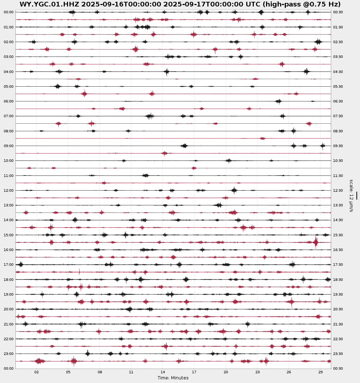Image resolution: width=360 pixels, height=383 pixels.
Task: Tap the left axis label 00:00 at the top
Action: [x=9, y=12]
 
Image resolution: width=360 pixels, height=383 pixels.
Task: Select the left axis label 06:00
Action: [x=9, y=101]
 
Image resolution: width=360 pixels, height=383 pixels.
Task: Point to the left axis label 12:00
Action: [x=9, y=191]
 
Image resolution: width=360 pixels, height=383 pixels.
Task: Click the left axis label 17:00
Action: [x=9, y=265]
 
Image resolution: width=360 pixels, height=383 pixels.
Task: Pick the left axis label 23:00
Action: [x=9, y=354]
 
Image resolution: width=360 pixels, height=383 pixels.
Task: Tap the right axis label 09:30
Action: [x=338, y=146]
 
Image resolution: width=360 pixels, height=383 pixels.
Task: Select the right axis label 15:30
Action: [x=338, y=235]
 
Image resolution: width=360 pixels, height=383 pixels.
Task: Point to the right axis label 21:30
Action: [x=338, y=324]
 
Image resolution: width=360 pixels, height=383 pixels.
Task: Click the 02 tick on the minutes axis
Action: [x=37, y=372]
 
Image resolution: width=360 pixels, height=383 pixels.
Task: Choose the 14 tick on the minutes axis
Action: [x=163, y=372]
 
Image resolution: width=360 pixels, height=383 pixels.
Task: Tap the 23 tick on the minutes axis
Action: [x=257, y=372]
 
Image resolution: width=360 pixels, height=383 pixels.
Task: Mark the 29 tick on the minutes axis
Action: [x=320, y=372]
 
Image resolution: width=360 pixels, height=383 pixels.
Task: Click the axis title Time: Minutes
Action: [x=173, y=378]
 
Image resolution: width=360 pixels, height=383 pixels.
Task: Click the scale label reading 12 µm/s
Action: [x=351, y=196]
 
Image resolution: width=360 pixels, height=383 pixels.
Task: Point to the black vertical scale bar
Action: [x=357, y=195]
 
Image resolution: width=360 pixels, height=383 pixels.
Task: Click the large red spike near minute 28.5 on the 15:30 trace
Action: [x=316, y=242]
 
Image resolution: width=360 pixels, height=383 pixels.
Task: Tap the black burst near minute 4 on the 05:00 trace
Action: [x=58, y=86]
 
